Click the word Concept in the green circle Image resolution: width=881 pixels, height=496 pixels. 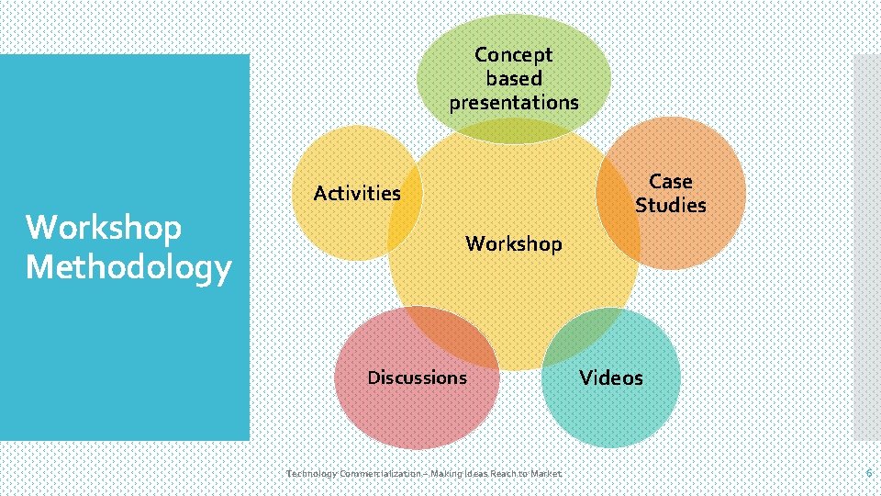[514, 55]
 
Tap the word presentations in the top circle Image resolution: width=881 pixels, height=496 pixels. [514, 102]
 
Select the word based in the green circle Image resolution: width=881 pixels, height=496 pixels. [514, 79]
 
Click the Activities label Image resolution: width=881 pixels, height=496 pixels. [357, 193]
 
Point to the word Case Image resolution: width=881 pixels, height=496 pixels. [671, 181]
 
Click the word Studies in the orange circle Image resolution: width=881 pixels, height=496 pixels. [671, 205]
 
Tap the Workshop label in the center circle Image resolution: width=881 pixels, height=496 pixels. [514, 243]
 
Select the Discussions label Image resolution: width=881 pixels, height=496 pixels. [417, 378]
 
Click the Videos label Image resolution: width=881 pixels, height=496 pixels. [611, 378]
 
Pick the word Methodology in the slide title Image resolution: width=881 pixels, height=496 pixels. [128, 267]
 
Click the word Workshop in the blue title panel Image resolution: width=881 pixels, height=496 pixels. [104, 227]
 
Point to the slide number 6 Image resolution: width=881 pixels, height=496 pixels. [868, 472]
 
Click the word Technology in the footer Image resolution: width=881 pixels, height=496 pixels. [311, 473]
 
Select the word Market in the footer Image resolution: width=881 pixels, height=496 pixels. [543, 473]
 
